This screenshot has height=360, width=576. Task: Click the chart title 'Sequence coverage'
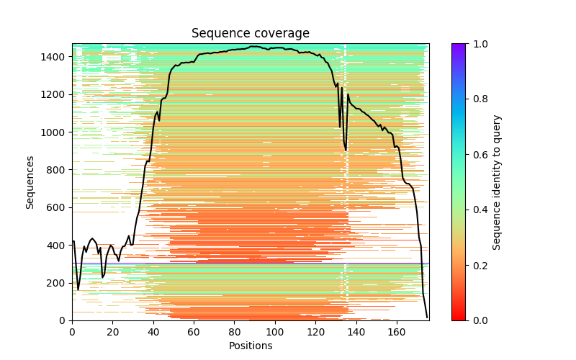(x=250, y=34)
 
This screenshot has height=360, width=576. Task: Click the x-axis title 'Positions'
(x=250, y=346)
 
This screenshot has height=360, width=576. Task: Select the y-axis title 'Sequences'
(x=30, y=181)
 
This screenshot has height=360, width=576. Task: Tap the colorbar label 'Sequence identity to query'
(x=497, y=181)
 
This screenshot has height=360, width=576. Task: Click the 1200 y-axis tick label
(x=57, y=94)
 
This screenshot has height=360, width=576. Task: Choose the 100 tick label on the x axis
(x=275, y=332)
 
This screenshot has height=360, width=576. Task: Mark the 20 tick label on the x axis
(x=112, y=332)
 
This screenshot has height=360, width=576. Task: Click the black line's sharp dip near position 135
(x=346, y=150)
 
